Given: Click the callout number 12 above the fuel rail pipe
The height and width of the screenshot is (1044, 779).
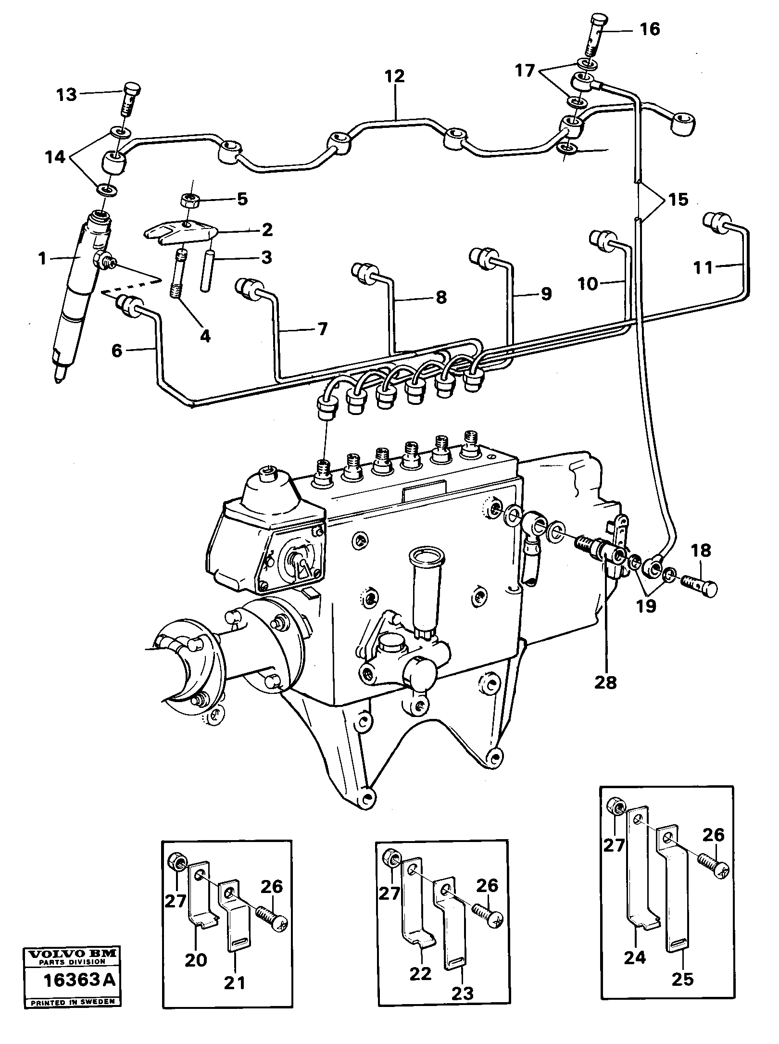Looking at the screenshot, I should pos(394,76).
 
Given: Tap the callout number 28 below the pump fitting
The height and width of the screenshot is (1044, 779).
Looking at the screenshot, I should pos(605,682).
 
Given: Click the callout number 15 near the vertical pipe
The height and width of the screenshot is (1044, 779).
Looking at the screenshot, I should pos(678,199).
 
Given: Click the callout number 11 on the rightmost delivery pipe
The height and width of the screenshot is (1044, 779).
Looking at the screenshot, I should pos(704,267).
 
